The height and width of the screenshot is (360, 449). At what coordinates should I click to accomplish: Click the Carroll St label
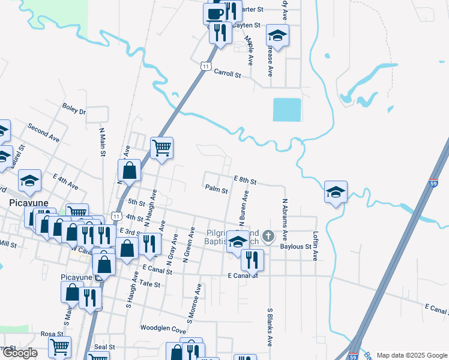(x=228, y=76)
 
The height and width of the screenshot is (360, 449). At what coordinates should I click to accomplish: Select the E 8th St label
(x=245, y=181)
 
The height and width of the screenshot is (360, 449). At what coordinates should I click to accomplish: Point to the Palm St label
(x=216, y=191)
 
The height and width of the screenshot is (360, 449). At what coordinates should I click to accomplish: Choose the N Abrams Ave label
(x=285, y=220)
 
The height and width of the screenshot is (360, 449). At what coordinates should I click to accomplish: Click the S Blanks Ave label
(x=270, y=328)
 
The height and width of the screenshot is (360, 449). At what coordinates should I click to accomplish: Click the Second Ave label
(x=43, y=133)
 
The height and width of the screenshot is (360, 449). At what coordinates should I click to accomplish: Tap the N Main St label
(x=102, y=141)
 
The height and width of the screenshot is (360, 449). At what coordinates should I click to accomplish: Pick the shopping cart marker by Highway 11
(x=161, y=147)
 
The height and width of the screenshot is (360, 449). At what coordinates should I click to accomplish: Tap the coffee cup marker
(x=214, y=13)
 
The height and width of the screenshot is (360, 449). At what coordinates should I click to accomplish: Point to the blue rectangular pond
(x=287, y=110)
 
